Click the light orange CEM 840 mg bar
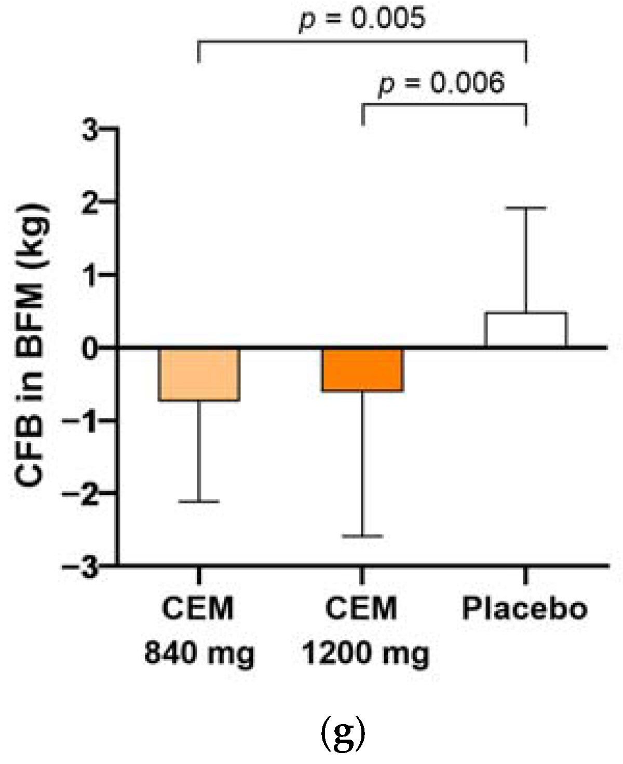[199, 374]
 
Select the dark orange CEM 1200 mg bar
[362, 369]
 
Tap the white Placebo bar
[525, 329]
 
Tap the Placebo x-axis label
[524, 608]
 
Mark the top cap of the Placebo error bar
[526, 207]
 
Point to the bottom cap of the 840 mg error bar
[199, 502]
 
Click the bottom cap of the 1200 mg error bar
[362, 536]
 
